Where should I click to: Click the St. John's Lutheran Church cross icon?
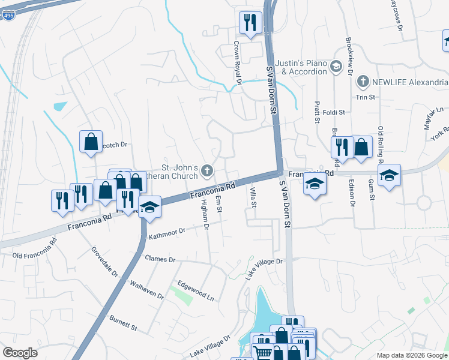[x=207, y=171]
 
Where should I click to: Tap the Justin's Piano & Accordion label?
[x=301, y=67]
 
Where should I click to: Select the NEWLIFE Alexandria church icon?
[x=362, y=82]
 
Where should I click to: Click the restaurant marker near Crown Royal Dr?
[x=249, y=23]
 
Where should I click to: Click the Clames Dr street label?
[x=160, y=259]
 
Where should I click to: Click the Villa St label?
[x=253, y=197]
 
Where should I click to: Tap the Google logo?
[x=20, y=353]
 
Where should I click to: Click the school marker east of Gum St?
[x=389, y=176]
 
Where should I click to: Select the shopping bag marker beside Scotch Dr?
[x=91, y=142]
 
